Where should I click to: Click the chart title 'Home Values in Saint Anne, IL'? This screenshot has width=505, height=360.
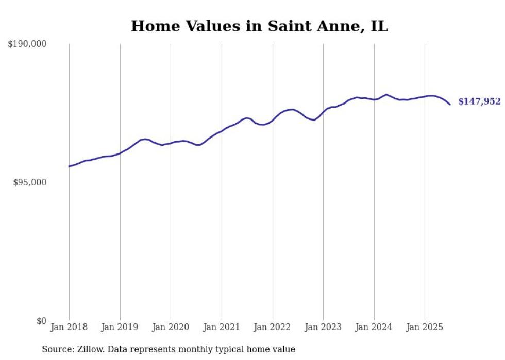click(x=259, y=26)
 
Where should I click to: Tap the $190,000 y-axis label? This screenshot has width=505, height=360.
click(x=27, y=44)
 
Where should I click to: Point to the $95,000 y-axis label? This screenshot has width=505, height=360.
click(x=30, y=182)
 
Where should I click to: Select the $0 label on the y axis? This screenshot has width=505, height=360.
click(x=41, y=321)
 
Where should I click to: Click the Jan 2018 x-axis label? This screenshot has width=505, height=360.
click(x=69, y=327)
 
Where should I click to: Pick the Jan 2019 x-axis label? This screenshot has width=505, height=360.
click(x=120, y=327)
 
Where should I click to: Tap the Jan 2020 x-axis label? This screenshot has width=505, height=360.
click(x=171, y=327)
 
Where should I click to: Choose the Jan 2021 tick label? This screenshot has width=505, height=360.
click(x=222, y=327)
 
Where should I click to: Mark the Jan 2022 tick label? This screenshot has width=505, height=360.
click(x=273, y=327)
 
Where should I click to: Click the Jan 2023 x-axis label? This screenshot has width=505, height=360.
click(x=323, y=327)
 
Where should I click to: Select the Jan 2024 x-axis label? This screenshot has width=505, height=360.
click(x=374, y=327)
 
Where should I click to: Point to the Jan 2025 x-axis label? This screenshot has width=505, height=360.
click(x=425, y=327)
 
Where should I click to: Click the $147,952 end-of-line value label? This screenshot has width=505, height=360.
click(x=479, y=101)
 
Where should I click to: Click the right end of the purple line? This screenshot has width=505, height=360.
click(x=450, y=105)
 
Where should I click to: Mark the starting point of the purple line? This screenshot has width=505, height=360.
click(x=69, y=166)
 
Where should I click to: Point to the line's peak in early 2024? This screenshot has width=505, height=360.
click(x=386, y=95)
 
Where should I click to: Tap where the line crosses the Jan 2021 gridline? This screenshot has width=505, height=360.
click(x=222, y=131)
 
